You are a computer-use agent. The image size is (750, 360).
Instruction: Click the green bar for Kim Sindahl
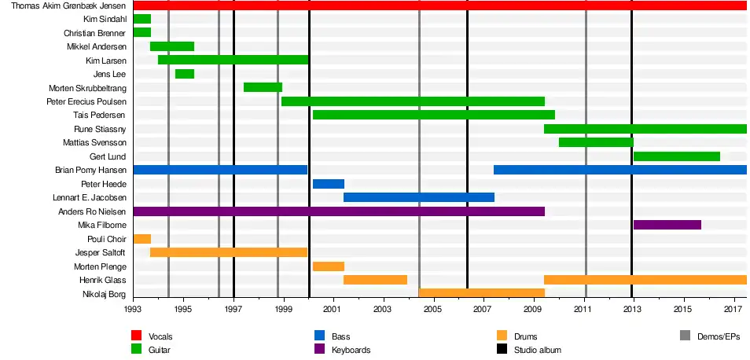[x=142, y=19]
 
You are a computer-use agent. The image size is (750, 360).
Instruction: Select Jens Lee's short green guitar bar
[x=185, y=74]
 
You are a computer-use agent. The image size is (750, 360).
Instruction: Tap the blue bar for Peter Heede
[x=329, y=184]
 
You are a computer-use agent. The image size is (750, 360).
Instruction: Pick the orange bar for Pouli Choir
[x=142, y=239]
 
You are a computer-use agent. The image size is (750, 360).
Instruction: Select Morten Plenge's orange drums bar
[x=329, y=266]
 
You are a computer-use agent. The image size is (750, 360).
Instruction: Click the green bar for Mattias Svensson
[x=596, y=143]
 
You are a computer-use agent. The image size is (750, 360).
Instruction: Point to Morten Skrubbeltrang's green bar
[x=263, y=87]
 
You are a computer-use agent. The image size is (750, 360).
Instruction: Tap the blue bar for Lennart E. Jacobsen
[x=419, y=197]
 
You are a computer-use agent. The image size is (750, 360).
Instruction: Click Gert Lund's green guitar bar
[x=676, y=156]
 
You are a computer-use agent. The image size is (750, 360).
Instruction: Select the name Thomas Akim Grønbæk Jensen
[x=67, y=6]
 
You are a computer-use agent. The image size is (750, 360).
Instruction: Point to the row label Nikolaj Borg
[x=104, y=294]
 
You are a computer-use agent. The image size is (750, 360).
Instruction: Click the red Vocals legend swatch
[x=136, y=336]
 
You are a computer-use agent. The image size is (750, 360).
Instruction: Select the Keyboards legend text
[x=351, y=350]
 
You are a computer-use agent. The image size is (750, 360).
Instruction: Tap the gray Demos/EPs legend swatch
[x=685, y=336]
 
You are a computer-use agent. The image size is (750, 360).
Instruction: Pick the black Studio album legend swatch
[x=502, y=350]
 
